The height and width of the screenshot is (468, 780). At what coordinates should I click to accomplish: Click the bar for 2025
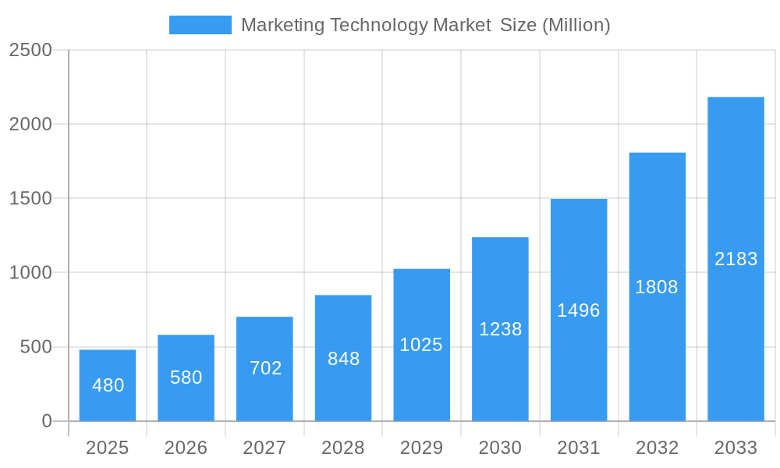pyautogui.click(x=108, y=385)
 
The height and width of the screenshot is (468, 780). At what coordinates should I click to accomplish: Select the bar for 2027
pyautogui.click(x=264, y=369)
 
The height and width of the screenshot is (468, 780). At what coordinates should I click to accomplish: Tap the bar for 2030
pyautogui.click(x=500, y=329)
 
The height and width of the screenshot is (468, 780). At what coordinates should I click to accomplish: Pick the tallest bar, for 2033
pyautogui.click(x=736, y=259)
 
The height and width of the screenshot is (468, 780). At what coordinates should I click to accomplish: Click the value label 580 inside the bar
pyautogui.click(x=186, y=378)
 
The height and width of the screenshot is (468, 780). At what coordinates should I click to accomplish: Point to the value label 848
pyautogui.click(x=343, y=359)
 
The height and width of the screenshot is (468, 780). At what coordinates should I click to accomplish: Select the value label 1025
pyautogui.click(x=421, y=345)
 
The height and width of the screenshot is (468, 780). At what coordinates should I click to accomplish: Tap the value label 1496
pyautogui.click(x=579, y=310)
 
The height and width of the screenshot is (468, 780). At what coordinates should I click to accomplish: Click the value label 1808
pyautogui.click(x=657, y=287)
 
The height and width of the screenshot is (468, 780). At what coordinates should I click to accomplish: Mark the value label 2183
pyautogui.click(x=736, y=259)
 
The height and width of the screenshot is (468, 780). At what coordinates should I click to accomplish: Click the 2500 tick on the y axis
pyautogui.click(x=30, y=51)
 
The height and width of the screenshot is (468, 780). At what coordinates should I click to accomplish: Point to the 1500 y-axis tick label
pyautogui.click(x=30, y=199)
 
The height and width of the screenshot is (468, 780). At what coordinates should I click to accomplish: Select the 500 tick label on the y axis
pyautogui.click(x=37, y=347)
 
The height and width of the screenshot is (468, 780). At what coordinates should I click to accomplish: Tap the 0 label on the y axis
pyautogui.click(x=47, y=421)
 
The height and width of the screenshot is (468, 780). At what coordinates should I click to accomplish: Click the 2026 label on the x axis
pyautogui.click(x=186, y=448)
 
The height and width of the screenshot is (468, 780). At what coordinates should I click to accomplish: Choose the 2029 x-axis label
pyautogui.click(x=421, y=448)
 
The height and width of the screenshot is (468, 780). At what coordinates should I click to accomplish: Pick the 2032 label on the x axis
pyautogui.click(x=657, y=448)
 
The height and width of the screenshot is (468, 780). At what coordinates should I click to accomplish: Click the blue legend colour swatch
pyautogui.click(x=200, y=25)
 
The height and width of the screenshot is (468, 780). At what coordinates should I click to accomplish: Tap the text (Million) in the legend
pyautogui.click(x=576, y=25)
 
